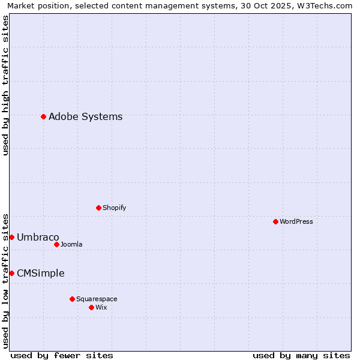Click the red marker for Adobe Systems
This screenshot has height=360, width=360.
coord(43,116)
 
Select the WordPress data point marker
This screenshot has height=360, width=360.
coord(275,221)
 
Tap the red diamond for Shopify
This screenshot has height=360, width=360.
coord(98,208)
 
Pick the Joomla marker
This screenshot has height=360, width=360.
coord(56,244)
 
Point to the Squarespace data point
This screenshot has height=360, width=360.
coord(72,299)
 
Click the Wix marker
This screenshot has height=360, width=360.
coord(91,307)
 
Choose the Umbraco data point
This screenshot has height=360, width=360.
coord(11,237)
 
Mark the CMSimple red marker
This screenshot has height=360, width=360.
coord(11,273)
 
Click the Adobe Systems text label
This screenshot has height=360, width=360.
coord(85,116)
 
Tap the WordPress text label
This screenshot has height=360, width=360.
coord(296,221)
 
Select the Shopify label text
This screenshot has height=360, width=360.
coord(114,208)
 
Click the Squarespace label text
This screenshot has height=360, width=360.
coord(97,299)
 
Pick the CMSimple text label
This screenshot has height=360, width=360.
coord(40,273)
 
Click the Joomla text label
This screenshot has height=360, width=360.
coord(71,244)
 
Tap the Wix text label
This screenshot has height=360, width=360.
coord(101,307)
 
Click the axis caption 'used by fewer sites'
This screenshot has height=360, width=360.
coord(62,355)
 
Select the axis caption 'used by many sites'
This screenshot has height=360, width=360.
coord(301,355)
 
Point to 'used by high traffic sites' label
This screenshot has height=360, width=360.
coord(6,85)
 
